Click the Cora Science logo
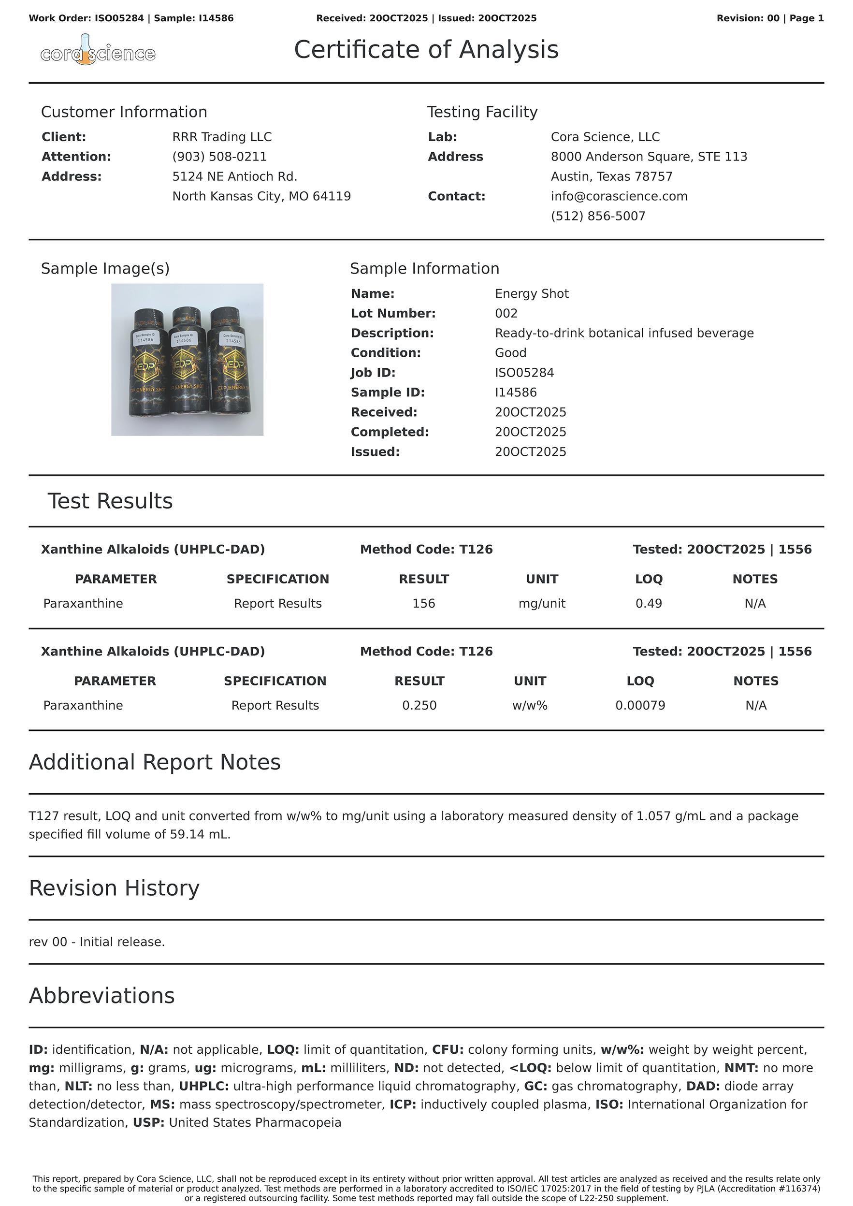[x=98, y=51]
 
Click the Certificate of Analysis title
[x=426, y=50]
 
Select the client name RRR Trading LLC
[x=222, y=137]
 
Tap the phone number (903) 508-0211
[x=219, y=157]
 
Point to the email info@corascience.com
[x=619, y=196]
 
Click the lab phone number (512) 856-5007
[x=598, y=217]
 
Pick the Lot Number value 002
[x=506, y=314]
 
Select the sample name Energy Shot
[x=532, y=293]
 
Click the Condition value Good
[x=510, y=353]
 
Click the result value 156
[x=423, y=604]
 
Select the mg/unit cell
[x=542, y=604]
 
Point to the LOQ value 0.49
[x=649, y=604]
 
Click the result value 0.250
[x=419, y=705]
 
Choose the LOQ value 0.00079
[x=640, y=705]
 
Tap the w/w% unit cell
[x=530, y=705]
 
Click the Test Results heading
[x=110, y=501]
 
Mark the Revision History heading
[x=114, y=888]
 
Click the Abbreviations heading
[x=101, y=996]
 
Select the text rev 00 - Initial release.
[x=97, y=942]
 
